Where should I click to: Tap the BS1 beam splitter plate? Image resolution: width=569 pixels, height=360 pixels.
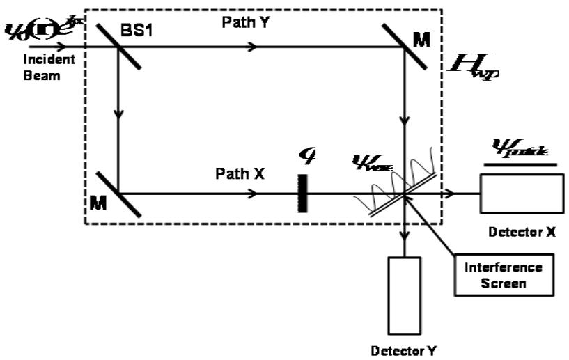tap(119, 47)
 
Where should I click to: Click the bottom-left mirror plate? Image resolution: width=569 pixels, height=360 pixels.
tap(119, 194)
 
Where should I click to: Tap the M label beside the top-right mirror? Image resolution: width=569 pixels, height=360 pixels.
tap(421, 40)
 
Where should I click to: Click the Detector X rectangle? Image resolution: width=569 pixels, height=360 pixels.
tap(522, 193)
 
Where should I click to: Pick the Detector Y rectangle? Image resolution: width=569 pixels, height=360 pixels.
tap(405, 295)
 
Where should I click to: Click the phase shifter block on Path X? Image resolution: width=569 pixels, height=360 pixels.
tap(302, 193)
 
